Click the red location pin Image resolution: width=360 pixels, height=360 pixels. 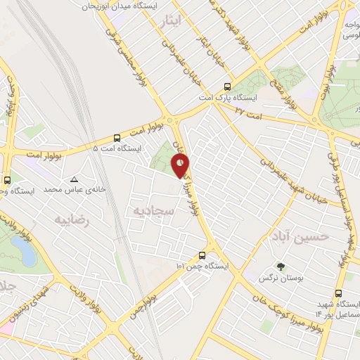pyautogui.click(x=181, y=166)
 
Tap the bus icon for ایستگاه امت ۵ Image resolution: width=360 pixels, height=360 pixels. pyautogui.click(x=117, y=138)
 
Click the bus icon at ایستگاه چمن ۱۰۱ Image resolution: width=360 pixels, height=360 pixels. pyautogui.click(x=202, y=256)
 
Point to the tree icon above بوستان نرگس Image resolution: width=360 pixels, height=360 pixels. pyautogui.click(x=281, y=267)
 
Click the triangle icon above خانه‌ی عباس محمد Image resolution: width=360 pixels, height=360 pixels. pyautogui.click(x=74, y=179)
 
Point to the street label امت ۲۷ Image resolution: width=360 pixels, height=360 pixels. pyautogui.click(x=248, y=112)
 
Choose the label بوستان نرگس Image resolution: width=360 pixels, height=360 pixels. pyautogui.click(x=285, y=278)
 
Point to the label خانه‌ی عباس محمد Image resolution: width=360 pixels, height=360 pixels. pyautogui.click(x=69, y=190)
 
